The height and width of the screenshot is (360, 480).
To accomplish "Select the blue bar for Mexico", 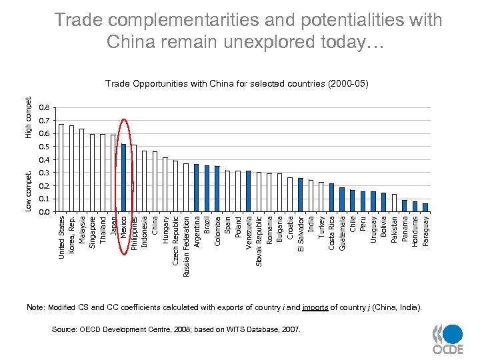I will click(x=124, y=178).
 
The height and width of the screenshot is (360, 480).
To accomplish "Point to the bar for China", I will click(x=155, y=181).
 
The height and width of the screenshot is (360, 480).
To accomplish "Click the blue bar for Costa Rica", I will click(x=331, y=197).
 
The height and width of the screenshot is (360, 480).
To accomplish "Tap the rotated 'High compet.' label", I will click(x=28, y=117).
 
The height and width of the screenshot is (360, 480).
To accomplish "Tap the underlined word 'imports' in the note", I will click(x=315, y=307).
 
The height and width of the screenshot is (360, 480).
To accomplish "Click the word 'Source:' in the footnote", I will click(x=65, y=329).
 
